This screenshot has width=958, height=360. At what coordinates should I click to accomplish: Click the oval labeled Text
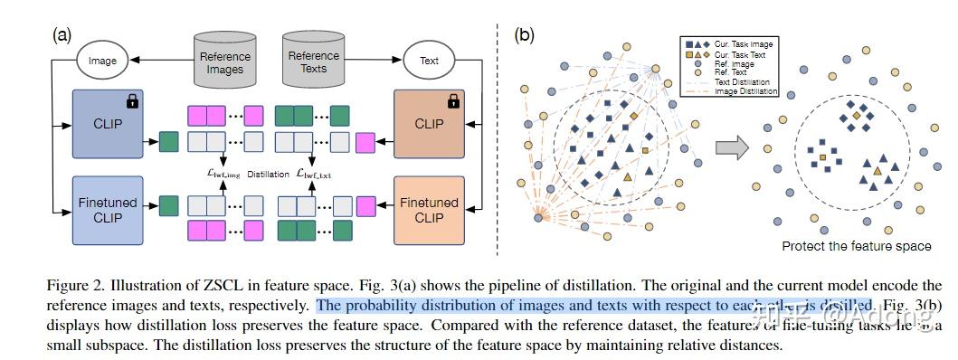click(430, 62)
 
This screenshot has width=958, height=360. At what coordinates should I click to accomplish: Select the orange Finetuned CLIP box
click(428, 210)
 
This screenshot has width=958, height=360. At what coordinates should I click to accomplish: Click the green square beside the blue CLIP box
click(168, 141)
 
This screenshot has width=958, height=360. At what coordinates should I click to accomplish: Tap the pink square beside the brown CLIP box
click(365, 141)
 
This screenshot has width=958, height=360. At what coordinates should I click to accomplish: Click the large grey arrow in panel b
click(734, 146)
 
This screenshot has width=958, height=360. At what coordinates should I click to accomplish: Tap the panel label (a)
click(63, 35)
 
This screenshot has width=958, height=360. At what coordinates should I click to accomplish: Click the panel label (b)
click(526, 35)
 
